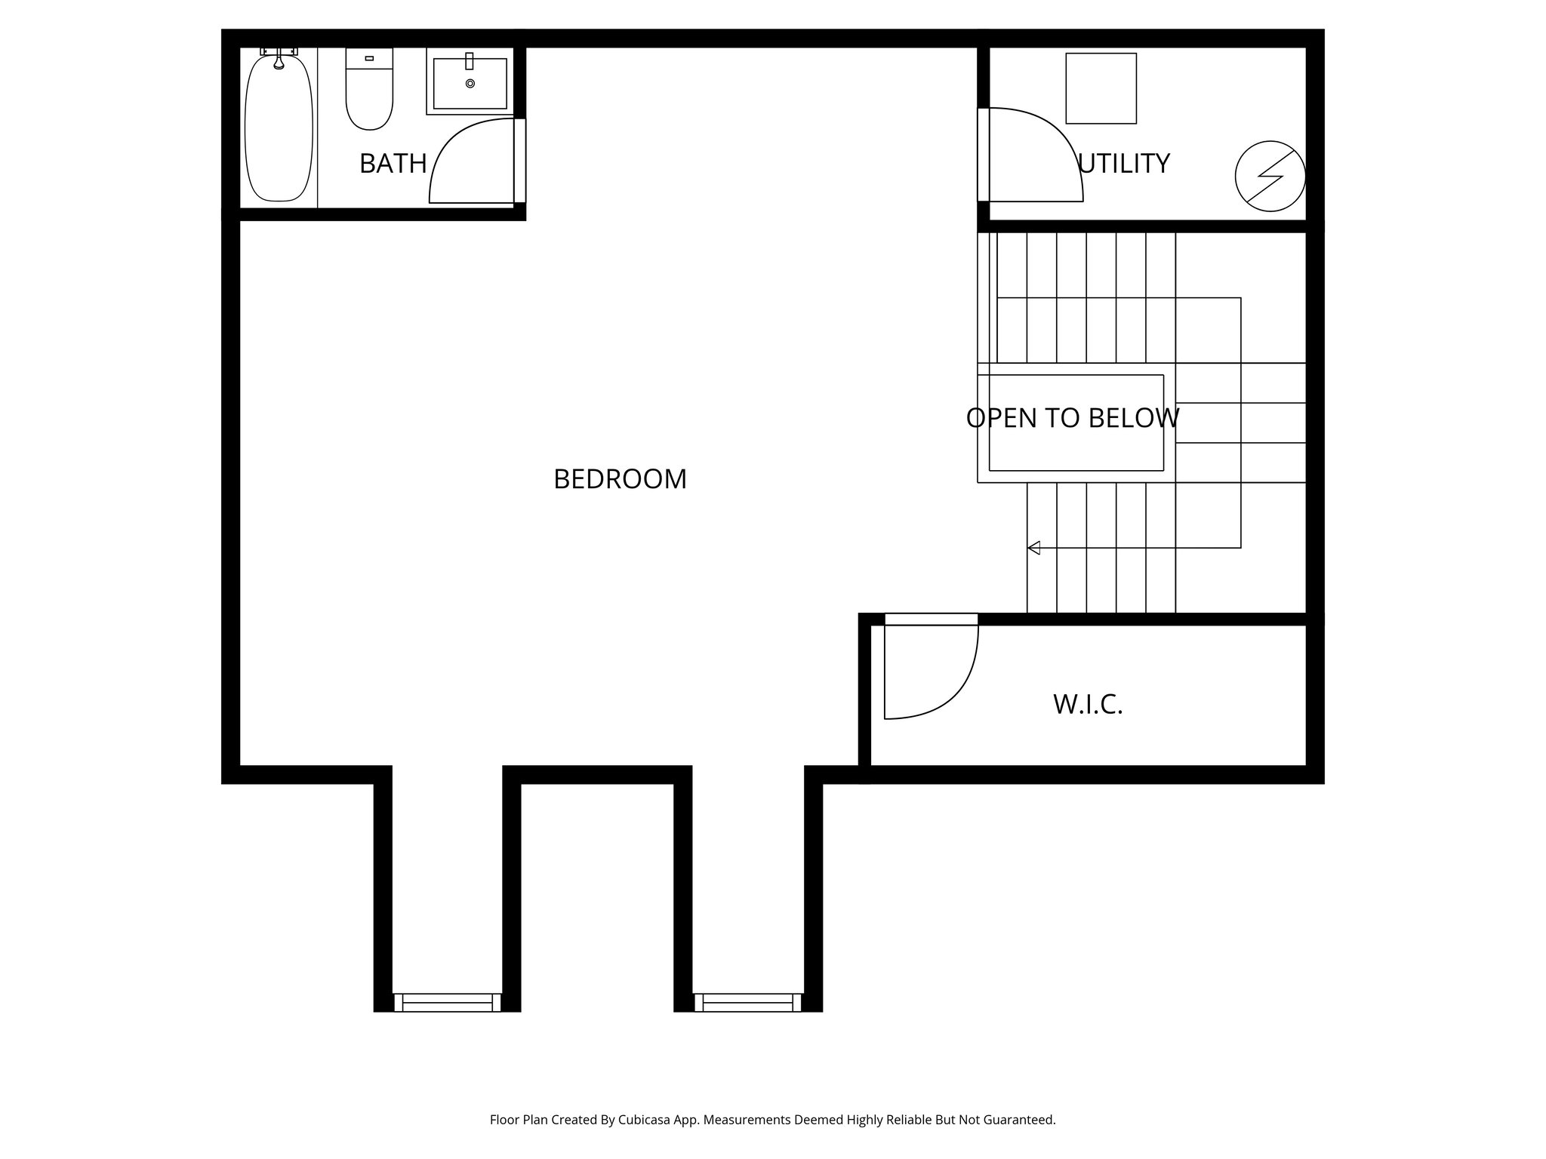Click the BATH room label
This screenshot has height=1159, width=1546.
click(393, 163)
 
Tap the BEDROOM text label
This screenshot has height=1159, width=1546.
click(620, 479)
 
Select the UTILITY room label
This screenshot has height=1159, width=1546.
click(1124, 163)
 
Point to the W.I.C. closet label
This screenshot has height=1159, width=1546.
click(1088, 704)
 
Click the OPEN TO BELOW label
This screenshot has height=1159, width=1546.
click(1072, 418)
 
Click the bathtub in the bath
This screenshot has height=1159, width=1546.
click(279, 128)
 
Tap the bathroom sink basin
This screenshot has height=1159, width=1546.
click(470, 83)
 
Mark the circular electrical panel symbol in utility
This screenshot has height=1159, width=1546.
click(1270, 176)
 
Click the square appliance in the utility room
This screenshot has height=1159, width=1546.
click(1101, 88)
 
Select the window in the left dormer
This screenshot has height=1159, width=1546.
click(447, 1002)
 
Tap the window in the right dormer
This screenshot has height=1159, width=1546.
click(747, 1002)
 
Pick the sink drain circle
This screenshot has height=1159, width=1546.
click(470, 84)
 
